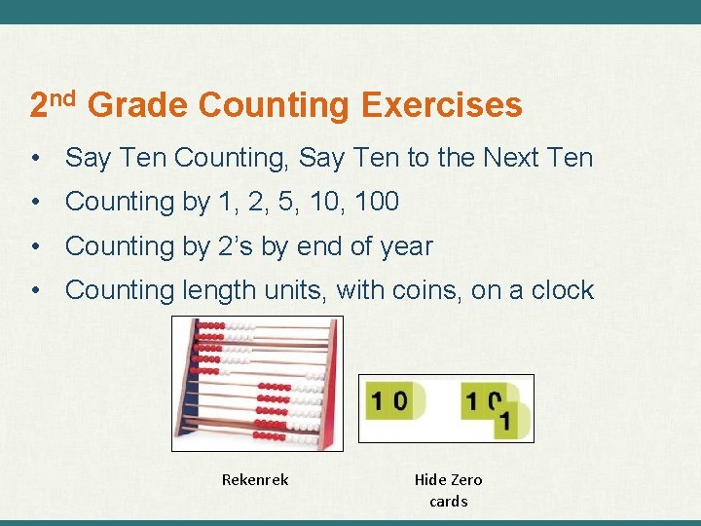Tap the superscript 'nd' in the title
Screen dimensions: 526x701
click(63, 96)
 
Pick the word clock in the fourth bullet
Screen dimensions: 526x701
click(558, 290)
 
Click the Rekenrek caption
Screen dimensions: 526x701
click(255, 479)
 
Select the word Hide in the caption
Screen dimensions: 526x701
click(431, 479)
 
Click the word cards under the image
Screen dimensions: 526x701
click(448, 502)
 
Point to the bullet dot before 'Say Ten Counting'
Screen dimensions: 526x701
click(35, 157)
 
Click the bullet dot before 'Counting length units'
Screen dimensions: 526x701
click(35, 290)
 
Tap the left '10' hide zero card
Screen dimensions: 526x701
click(387, 400)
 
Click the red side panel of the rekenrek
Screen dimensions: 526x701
click(331, 390)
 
